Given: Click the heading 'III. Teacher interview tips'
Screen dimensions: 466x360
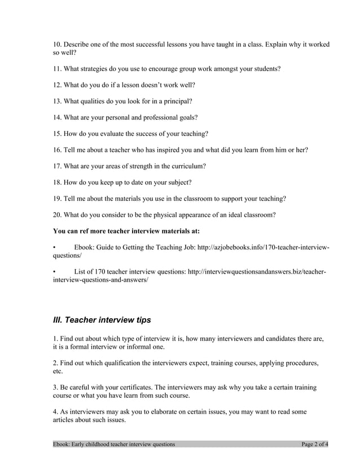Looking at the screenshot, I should [x=102, y=320].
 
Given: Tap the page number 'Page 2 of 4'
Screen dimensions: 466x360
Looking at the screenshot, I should [x=315, y=444].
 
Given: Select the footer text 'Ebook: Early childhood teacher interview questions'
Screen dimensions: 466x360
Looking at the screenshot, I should [x=114, y=444].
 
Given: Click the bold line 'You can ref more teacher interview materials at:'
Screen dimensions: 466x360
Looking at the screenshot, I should [x=126, y=231].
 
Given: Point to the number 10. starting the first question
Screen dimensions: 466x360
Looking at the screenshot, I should [x=57, y=44].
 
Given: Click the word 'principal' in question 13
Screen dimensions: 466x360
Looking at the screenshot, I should [x=176, y=101].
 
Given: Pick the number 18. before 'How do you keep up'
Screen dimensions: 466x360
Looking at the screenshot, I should [x=57, y=182].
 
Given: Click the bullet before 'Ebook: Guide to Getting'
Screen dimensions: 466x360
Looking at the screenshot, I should [x=54, y=247].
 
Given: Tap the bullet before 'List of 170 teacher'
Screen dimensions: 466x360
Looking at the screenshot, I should [x=54, y=272].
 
